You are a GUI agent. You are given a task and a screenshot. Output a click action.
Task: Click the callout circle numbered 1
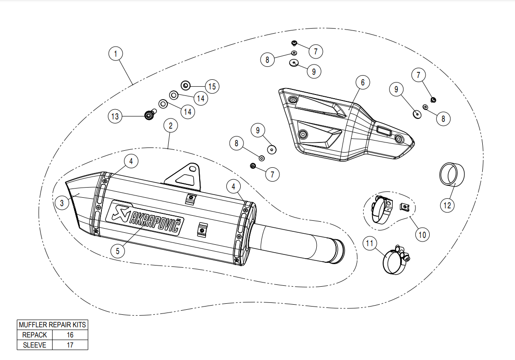click(116, 53)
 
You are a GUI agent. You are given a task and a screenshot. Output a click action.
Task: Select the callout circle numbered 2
click(171, 125)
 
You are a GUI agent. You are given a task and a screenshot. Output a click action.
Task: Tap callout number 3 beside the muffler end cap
click(62, 203)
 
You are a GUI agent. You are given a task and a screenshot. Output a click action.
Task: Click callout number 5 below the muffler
click(118, 251)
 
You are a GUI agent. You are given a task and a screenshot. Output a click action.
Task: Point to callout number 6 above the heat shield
click(362, 82)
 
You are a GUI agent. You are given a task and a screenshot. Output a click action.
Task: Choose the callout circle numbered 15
click(212, 86)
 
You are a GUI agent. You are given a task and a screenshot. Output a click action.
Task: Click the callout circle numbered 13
click(115, 116)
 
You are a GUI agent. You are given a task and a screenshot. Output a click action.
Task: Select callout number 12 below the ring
click(447, 205)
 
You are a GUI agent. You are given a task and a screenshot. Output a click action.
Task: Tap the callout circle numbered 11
click(370, 243)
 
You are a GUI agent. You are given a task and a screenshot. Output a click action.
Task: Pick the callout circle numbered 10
click(422, 235)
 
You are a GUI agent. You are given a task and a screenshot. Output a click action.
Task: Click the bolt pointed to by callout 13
click(150, 115)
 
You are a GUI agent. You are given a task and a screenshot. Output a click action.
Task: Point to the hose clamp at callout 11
click(397, 260)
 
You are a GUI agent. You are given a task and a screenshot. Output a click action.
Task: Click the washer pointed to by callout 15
click(185, 86)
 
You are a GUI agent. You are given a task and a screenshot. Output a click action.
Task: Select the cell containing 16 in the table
click(70, 335)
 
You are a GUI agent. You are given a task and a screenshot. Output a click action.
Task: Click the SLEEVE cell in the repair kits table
click(35, 345)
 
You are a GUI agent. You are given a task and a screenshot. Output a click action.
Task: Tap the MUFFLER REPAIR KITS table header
click(53, 325)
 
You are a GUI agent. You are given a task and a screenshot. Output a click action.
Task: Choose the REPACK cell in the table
click(35, 335)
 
